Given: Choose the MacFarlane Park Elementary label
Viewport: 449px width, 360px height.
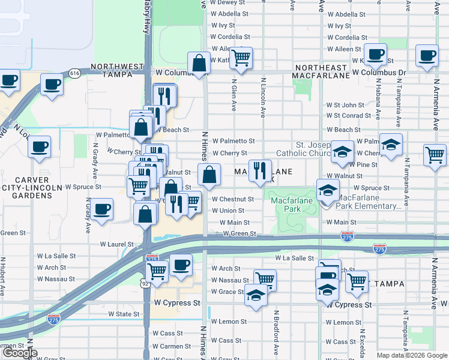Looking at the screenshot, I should [370, 202].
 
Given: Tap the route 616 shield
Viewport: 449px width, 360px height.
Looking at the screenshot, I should [74, 73].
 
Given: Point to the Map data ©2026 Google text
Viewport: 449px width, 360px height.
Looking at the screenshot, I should [412, 355].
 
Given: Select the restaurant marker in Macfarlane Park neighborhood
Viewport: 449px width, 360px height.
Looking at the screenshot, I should [260, 170].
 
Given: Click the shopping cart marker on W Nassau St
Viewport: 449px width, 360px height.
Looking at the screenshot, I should [265, 280].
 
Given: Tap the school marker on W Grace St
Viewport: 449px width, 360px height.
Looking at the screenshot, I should [256, 295].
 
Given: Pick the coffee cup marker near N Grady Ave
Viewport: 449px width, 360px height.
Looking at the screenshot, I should [103, 210].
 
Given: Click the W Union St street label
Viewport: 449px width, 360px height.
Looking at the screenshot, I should [228, 211].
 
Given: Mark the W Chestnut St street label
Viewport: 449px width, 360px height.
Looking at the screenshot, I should [233, 199].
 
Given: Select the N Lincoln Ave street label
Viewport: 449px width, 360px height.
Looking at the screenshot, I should [263, 95].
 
